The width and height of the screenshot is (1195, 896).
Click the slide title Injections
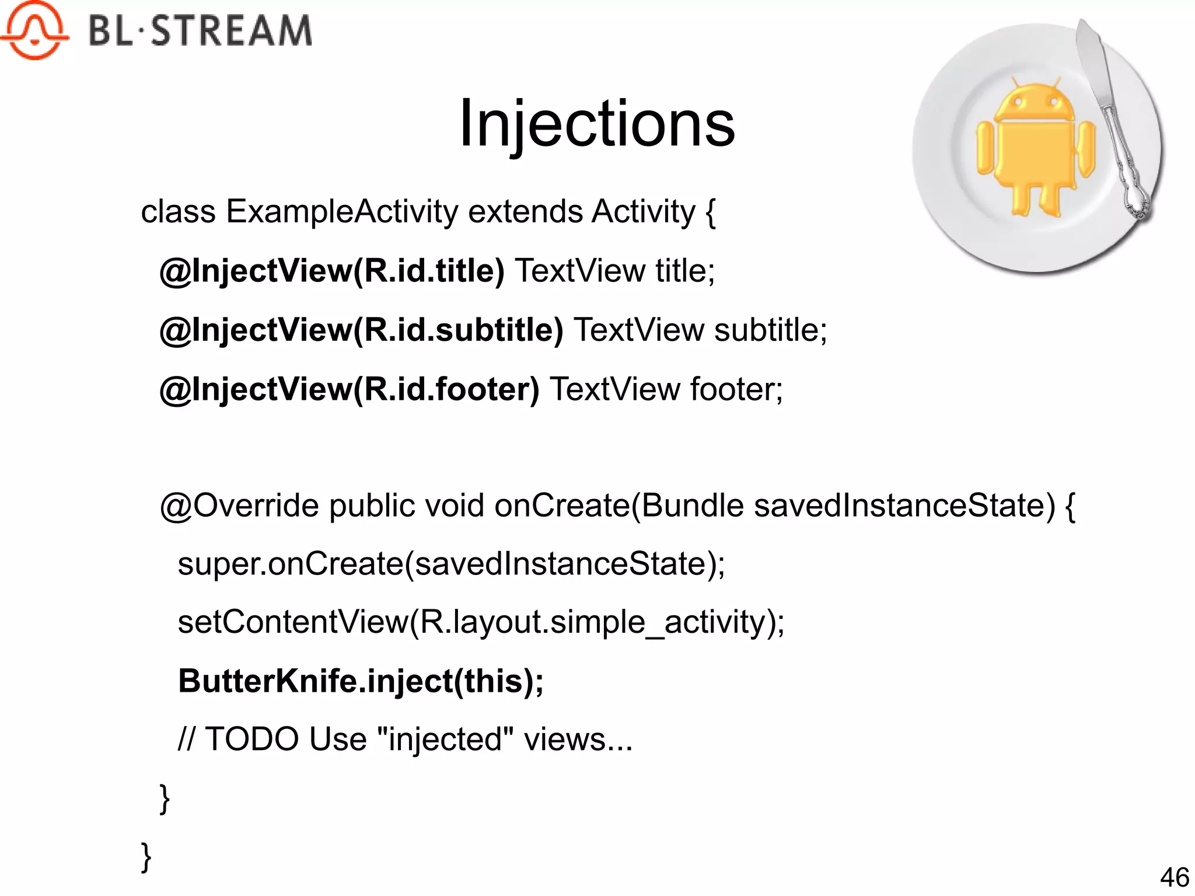[x=596, y=124]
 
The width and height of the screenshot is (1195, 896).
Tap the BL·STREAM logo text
[x=200, y=30]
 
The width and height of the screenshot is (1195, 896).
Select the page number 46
[x=1174, y=877]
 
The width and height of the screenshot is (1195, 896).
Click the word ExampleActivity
[x=342, y=211]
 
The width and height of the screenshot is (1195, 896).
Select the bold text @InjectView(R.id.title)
[x=331, y=271]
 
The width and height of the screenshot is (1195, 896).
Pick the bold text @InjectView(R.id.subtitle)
[x=361, y=330]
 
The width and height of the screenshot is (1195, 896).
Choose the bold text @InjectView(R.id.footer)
[x=349, y=389]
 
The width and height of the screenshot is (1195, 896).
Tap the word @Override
[x=239, y=505]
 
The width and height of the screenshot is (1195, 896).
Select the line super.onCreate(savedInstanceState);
[x=451, y=564]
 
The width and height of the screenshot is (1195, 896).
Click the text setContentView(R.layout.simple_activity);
[x=481, y=622]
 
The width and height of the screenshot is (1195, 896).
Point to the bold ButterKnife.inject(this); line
[x=361, y=681]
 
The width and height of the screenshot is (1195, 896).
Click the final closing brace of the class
[x=146, y=857]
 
